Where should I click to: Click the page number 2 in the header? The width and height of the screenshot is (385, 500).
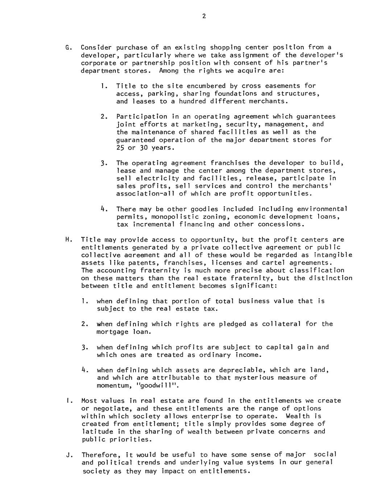[x=204, y=16]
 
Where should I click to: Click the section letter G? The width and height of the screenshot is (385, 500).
[x=67, y=47]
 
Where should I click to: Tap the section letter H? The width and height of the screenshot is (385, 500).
[x=67, y=240]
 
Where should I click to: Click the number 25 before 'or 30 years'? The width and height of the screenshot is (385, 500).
[x=120, y=148]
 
